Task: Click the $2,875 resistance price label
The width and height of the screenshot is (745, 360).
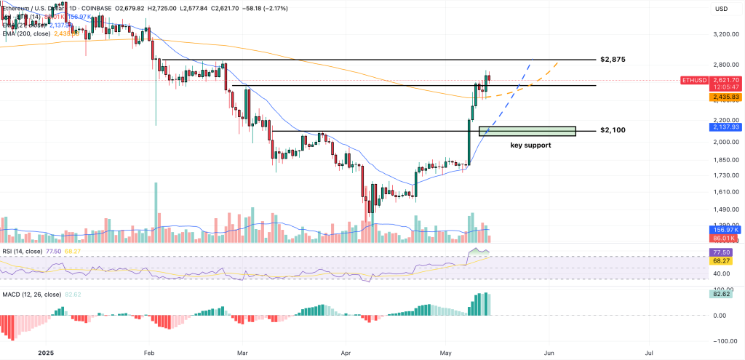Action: click(x=613, y=59)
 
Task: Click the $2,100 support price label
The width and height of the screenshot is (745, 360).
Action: click(x=613, y=130)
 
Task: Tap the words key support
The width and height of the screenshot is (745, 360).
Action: click(x=530, y=145)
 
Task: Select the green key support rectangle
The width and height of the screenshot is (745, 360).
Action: click(x=527, y=131)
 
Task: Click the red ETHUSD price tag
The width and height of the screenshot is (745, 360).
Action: click(x=700, y=80)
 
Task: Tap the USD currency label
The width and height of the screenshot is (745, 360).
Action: click(x=722, y=9)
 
